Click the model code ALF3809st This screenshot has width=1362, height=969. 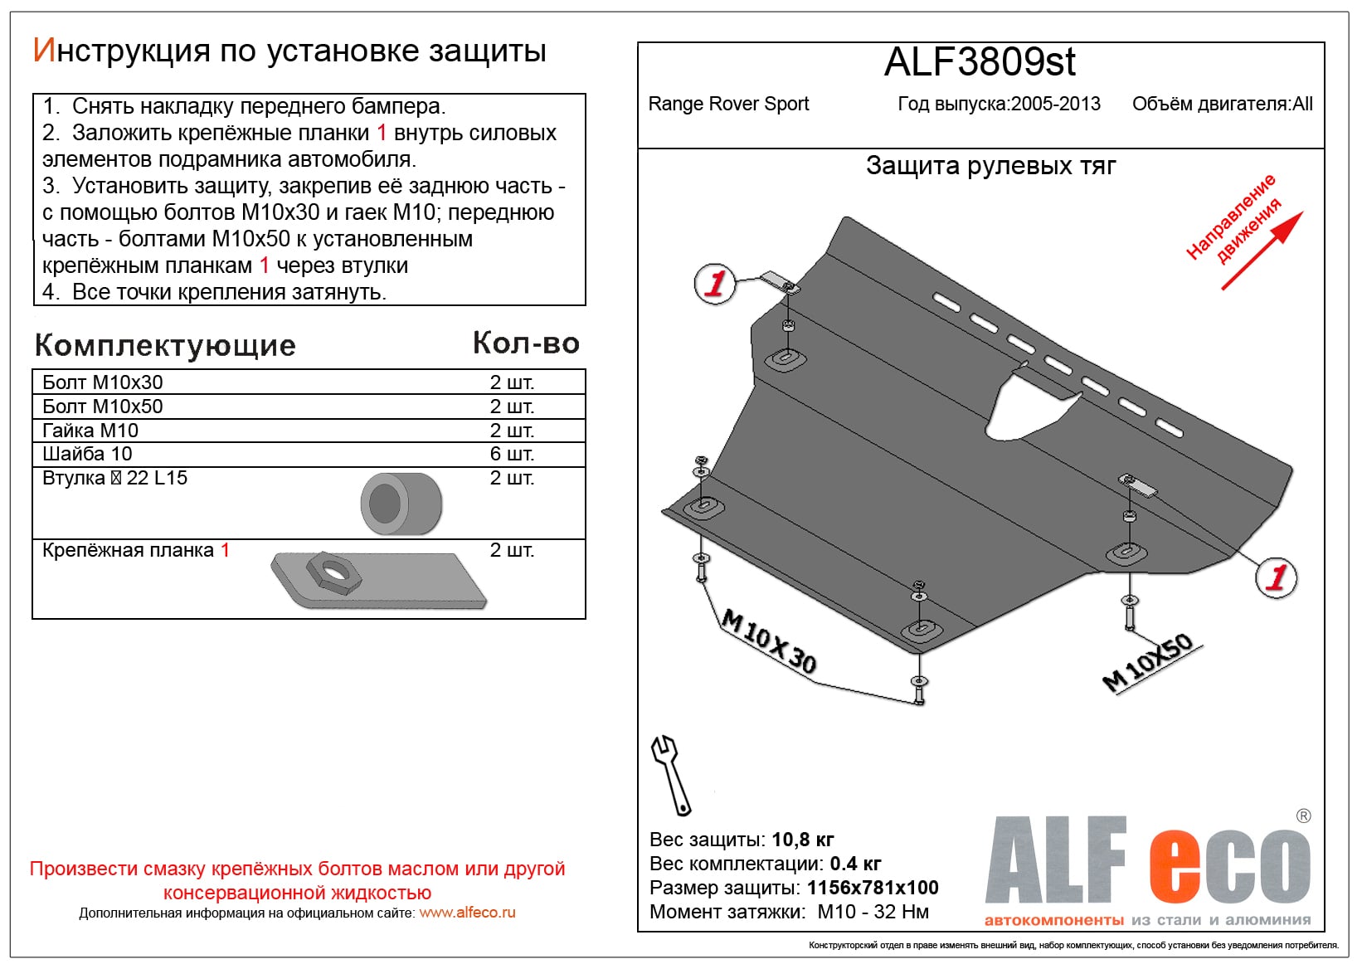(x=980, y=62)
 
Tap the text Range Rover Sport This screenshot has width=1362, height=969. (x=728, y=105)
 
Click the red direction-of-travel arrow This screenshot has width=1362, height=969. (x=1262, y=250)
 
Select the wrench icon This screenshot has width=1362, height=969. (x=669, y=774)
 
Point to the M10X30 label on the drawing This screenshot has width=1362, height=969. (x=769, y=641)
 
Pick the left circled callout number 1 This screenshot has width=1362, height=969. (x=714, y=284)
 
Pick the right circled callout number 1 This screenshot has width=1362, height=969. (x=1276, y=577)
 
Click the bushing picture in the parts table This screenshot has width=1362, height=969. (x=401, y=504)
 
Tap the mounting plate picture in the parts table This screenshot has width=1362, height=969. (x=378, y=580)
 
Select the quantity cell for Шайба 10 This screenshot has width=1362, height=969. (x=512, y=454)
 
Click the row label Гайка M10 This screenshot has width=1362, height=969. (x=90, y=431)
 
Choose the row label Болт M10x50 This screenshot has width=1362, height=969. (x=103, y=407)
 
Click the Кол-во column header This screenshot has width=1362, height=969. (x=526, y=343)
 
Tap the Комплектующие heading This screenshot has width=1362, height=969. (x=165, y=345)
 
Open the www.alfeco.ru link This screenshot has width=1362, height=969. (x=467, y=913)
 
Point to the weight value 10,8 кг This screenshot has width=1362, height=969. (x=802, y=840)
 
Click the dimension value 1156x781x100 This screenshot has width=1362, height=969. (x=873, y=888)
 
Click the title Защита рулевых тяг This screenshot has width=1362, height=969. (x=990, y=166)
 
